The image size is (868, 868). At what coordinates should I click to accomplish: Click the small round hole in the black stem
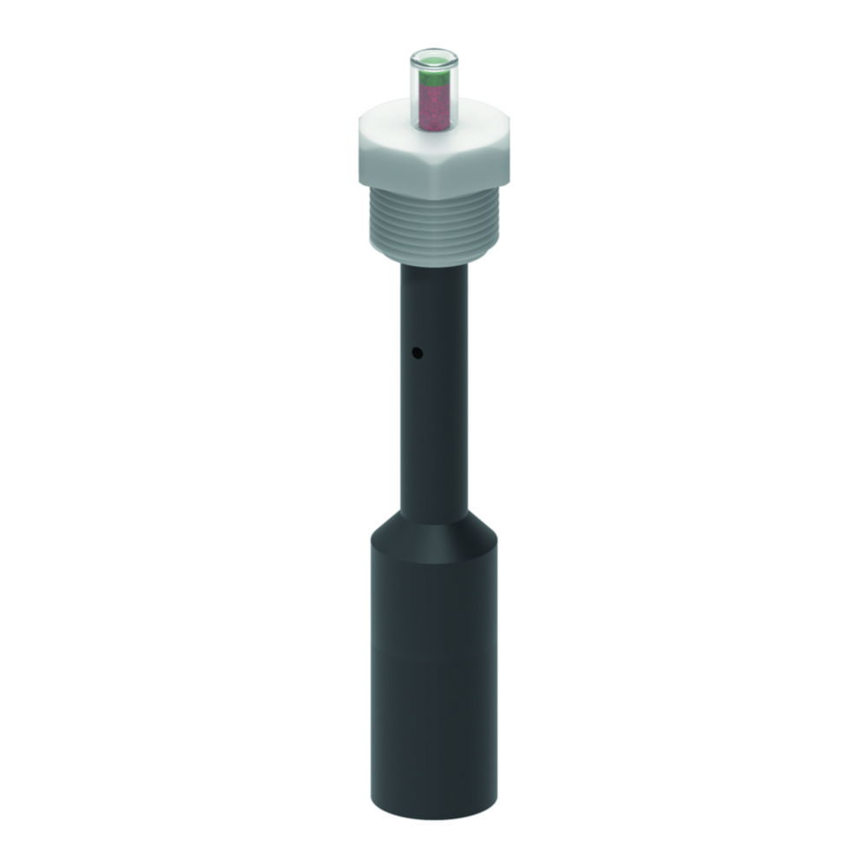(x=417, y=353)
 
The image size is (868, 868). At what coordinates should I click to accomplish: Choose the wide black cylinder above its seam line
(x=433, y=608)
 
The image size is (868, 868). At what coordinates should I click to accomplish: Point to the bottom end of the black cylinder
(x=433, y=812)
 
